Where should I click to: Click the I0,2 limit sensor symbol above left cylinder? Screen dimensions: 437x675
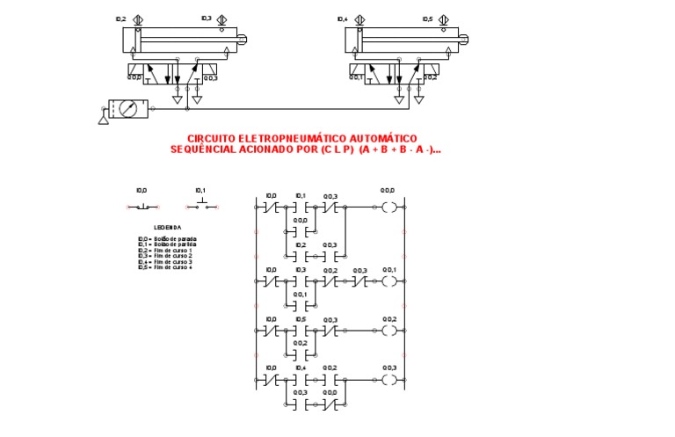(136, 19)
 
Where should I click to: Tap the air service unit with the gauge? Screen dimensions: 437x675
(129, 109)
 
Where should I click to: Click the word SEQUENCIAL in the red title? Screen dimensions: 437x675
(201, 149)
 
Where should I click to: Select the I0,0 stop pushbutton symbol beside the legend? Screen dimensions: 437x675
(142, 207)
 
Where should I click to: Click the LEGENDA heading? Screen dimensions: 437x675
(167, 227)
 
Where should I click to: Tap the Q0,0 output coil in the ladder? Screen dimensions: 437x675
(388, 208)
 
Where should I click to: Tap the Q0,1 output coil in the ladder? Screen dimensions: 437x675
(388, 282)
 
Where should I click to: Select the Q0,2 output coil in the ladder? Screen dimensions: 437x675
(388, 331)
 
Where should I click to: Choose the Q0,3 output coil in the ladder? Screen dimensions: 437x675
(388, 381)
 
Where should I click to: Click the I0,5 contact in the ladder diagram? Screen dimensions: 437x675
(301, 331)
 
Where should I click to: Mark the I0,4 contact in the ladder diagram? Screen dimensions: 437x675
(301, 381)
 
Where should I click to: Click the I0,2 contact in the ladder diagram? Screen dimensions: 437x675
(301, 257)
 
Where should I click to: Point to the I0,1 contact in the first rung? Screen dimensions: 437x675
(301, 208)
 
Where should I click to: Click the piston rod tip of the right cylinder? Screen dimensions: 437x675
(474, 39)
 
